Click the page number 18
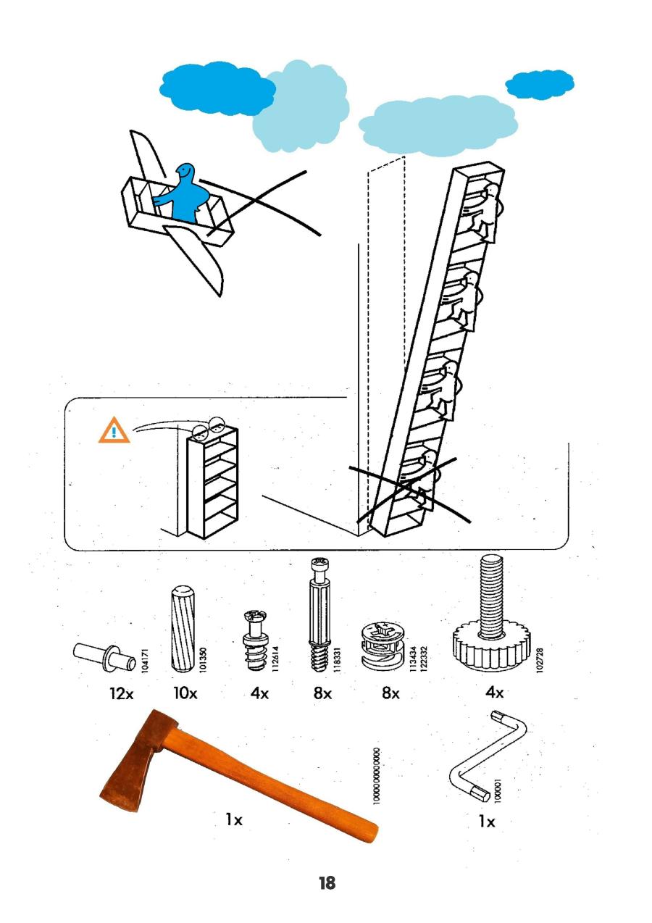[327, 883]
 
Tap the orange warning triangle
[114, 432]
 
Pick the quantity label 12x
[122, 693]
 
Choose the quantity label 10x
[185, 693]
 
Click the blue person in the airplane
[186, 193]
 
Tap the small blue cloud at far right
[540, 85]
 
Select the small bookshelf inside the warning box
[212, 482]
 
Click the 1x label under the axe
[233, 819]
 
